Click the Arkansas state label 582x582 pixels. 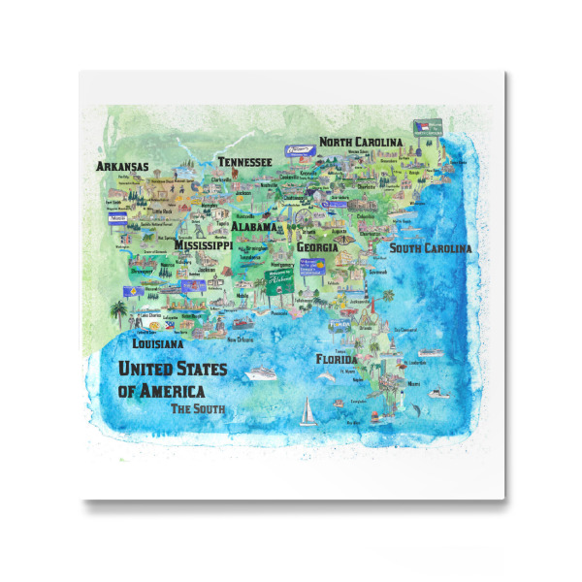122,167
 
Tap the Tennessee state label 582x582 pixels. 244,162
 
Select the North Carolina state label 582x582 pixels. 360,143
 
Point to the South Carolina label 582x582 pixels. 431,248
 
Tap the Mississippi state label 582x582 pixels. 203,246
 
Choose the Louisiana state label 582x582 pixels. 157,343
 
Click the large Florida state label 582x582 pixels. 336,359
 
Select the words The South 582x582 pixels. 198,408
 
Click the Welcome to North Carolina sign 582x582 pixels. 429,128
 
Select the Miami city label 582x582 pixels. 414,383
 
